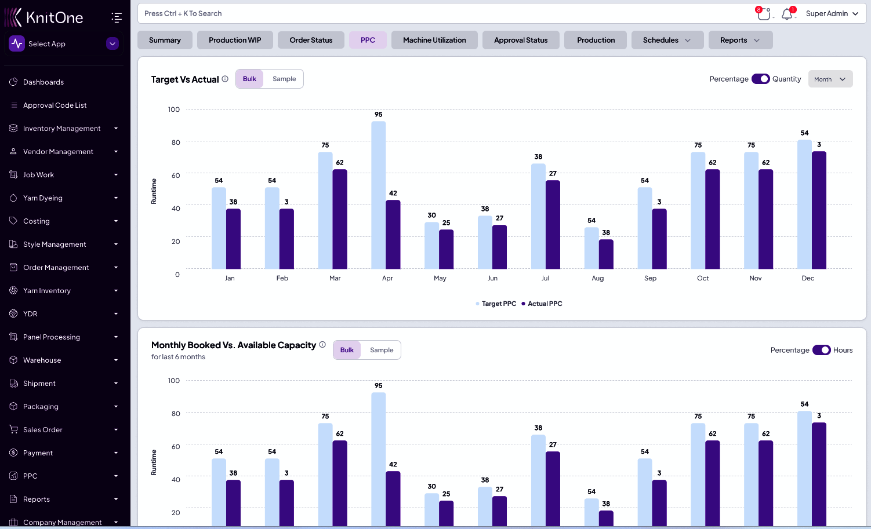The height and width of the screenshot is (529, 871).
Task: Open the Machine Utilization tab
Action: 434,40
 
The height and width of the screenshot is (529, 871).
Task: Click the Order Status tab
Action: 311,40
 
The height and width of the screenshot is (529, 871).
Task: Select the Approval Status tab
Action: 521,40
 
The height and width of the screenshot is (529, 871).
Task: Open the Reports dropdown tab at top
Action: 740,40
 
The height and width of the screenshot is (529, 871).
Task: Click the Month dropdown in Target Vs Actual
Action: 830,79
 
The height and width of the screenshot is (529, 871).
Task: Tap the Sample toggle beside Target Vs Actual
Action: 284,79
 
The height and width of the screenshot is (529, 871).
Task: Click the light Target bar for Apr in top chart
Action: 378,195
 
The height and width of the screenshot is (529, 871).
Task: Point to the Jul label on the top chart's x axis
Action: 545,278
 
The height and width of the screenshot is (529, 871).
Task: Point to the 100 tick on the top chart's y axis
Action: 174,110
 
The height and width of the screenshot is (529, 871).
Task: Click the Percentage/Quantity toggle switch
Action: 760,79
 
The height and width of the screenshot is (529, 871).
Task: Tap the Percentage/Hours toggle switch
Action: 821,350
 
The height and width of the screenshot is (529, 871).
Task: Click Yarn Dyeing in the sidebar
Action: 43,198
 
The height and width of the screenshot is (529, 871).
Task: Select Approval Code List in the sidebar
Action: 55,105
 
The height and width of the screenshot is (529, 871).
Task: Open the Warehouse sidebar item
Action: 42,360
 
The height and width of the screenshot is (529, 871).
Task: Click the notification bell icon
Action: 787,14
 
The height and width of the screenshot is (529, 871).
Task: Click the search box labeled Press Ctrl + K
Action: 441,13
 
